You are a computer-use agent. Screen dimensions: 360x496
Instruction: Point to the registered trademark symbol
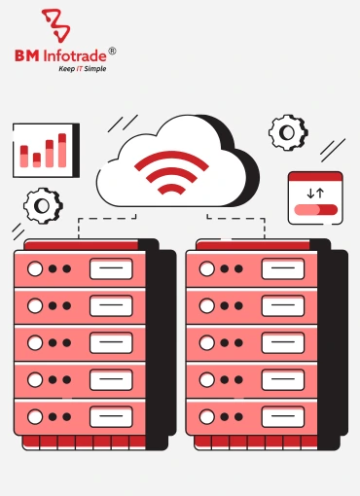[x=111, y=50]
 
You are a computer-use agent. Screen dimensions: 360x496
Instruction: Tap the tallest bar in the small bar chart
[x=62, y=149]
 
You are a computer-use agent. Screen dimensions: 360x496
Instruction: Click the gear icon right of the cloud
[x=288, y=130]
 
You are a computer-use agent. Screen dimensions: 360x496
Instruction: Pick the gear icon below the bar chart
[x=42, y=204]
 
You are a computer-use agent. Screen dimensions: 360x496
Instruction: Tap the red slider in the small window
[x=314, y=208]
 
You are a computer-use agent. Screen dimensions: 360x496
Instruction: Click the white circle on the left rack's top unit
[x=35, y=269]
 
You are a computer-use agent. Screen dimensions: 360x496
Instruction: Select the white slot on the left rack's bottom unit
[x=111, y=415]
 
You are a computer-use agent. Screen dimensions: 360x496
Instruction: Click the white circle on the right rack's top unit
[x=206, y=269]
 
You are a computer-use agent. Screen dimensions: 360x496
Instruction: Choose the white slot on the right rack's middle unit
[x=282, y=342]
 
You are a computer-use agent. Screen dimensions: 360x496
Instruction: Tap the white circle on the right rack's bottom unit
[x=206, y=415]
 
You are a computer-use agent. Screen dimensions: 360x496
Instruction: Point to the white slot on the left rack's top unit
[x=111, y=269]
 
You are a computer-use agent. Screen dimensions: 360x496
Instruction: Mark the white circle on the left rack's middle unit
[x=35, y=342]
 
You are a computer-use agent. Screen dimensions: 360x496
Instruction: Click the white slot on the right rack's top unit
[x=282, y=269]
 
